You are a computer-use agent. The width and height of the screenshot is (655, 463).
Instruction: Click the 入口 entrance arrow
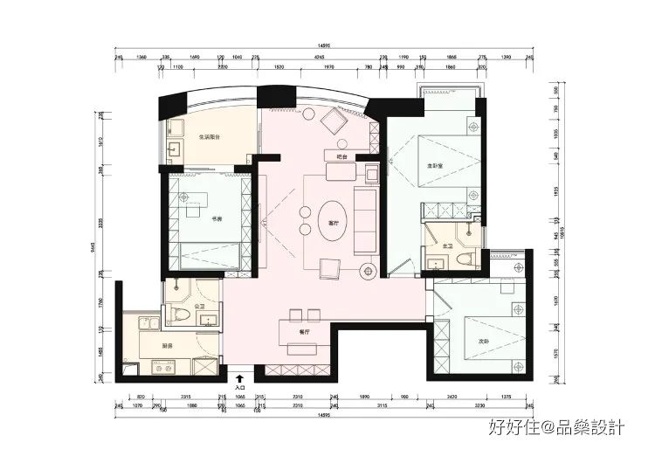pyautogui.click(x=240, y=378)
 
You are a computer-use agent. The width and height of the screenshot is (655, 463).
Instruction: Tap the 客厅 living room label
pyautogui.click(x=333, y=224)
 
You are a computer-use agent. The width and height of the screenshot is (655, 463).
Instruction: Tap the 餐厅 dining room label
pyautogui.click(x=305, y=332)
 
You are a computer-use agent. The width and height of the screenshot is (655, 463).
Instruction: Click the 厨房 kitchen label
pyautogui.click(x=168, y=345)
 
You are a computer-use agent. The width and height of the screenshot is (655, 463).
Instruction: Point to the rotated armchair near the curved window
pyautogui.click(x=333, y=121)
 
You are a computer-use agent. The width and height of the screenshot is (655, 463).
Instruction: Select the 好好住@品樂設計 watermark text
pyautogui.click(x=556, y=428)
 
